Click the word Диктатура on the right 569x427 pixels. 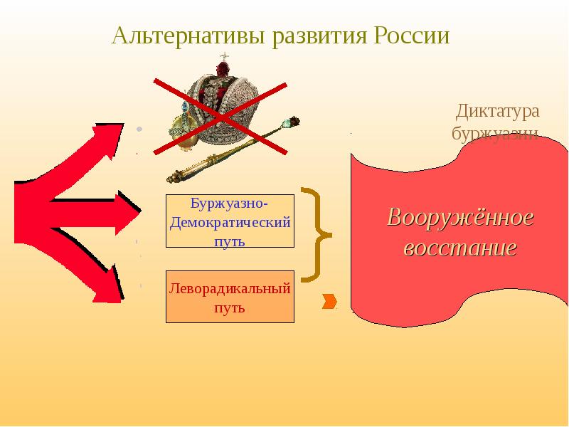coord(498,112)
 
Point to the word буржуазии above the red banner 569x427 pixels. coord(495,134)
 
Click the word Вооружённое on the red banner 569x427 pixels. coord(460,218)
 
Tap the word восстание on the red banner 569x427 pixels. coord(460,249)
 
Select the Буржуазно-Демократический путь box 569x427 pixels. coord(230,221)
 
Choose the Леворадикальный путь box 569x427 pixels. coord(230,297)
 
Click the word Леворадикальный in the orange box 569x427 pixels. coord(230,288)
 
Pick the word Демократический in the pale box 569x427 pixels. coord(230,221)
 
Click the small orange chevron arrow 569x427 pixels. coord(329,302)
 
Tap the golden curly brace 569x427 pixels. coord(314,233)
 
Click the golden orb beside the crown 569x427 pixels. coord(183,134)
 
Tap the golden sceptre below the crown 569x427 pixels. coord(235,150)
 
